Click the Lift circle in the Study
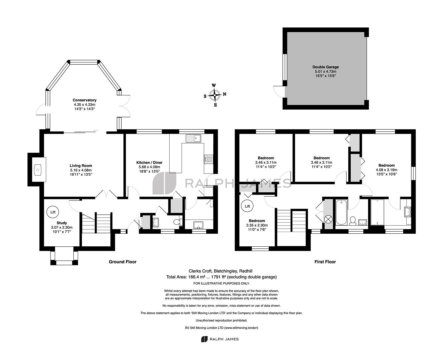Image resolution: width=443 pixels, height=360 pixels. coord(53,212)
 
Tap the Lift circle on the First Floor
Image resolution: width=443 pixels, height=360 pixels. coord(247,206)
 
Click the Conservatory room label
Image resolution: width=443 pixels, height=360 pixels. coord(84,100)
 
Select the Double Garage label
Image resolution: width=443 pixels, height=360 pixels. coord(325,67)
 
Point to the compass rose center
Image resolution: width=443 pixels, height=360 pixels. coord(215,95)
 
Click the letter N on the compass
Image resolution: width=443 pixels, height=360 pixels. coord(224,94)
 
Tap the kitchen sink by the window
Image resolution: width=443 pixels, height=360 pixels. coord(193,138)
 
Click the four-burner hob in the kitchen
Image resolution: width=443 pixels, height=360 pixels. coord(209,159)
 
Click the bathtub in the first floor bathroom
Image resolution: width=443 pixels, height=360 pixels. coord(341,212)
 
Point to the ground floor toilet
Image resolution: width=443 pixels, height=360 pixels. coord(178,222)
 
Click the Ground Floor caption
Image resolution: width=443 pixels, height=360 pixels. coord(123,262)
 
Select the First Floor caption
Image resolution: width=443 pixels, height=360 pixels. coord(325,262)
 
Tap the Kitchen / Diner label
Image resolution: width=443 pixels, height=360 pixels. coord(149,162)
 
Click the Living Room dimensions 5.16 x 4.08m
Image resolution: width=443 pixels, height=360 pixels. coord(81,170)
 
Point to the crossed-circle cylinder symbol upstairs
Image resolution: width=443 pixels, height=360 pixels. coord(328,219)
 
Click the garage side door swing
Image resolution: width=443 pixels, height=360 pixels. coord(278,91)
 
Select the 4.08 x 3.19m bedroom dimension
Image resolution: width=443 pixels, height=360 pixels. coord(386,170)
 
